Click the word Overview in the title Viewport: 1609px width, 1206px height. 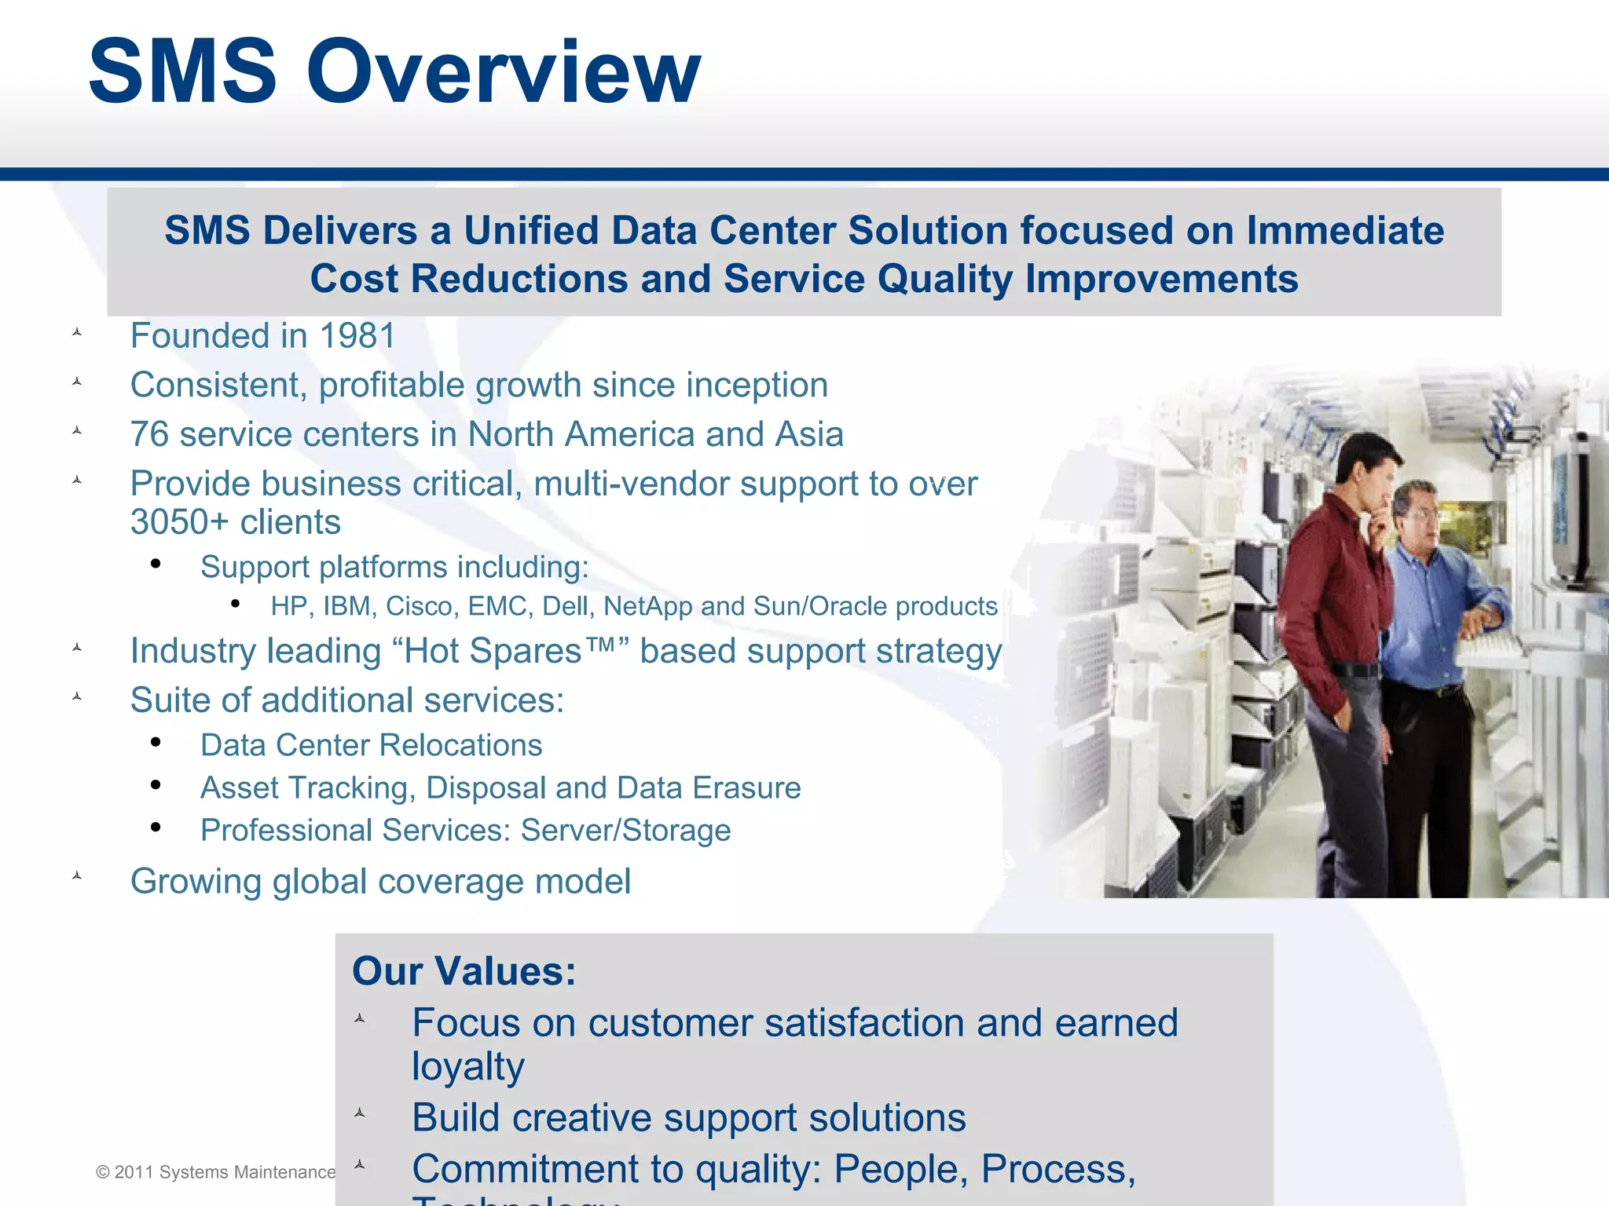(503, 72)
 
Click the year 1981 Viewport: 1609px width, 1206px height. (357, 336)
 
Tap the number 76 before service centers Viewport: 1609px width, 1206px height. (149, 435)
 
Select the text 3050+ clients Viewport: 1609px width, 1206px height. (236, 523)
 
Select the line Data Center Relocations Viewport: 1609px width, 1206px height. (371, 745)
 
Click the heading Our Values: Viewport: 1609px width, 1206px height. (464, 971)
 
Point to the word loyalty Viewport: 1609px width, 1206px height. (468, 1067)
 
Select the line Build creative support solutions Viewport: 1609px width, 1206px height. (688, 1118)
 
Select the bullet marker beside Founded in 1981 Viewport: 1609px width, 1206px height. (77, 333)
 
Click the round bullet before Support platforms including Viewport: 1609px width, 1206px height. (156, 564)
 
